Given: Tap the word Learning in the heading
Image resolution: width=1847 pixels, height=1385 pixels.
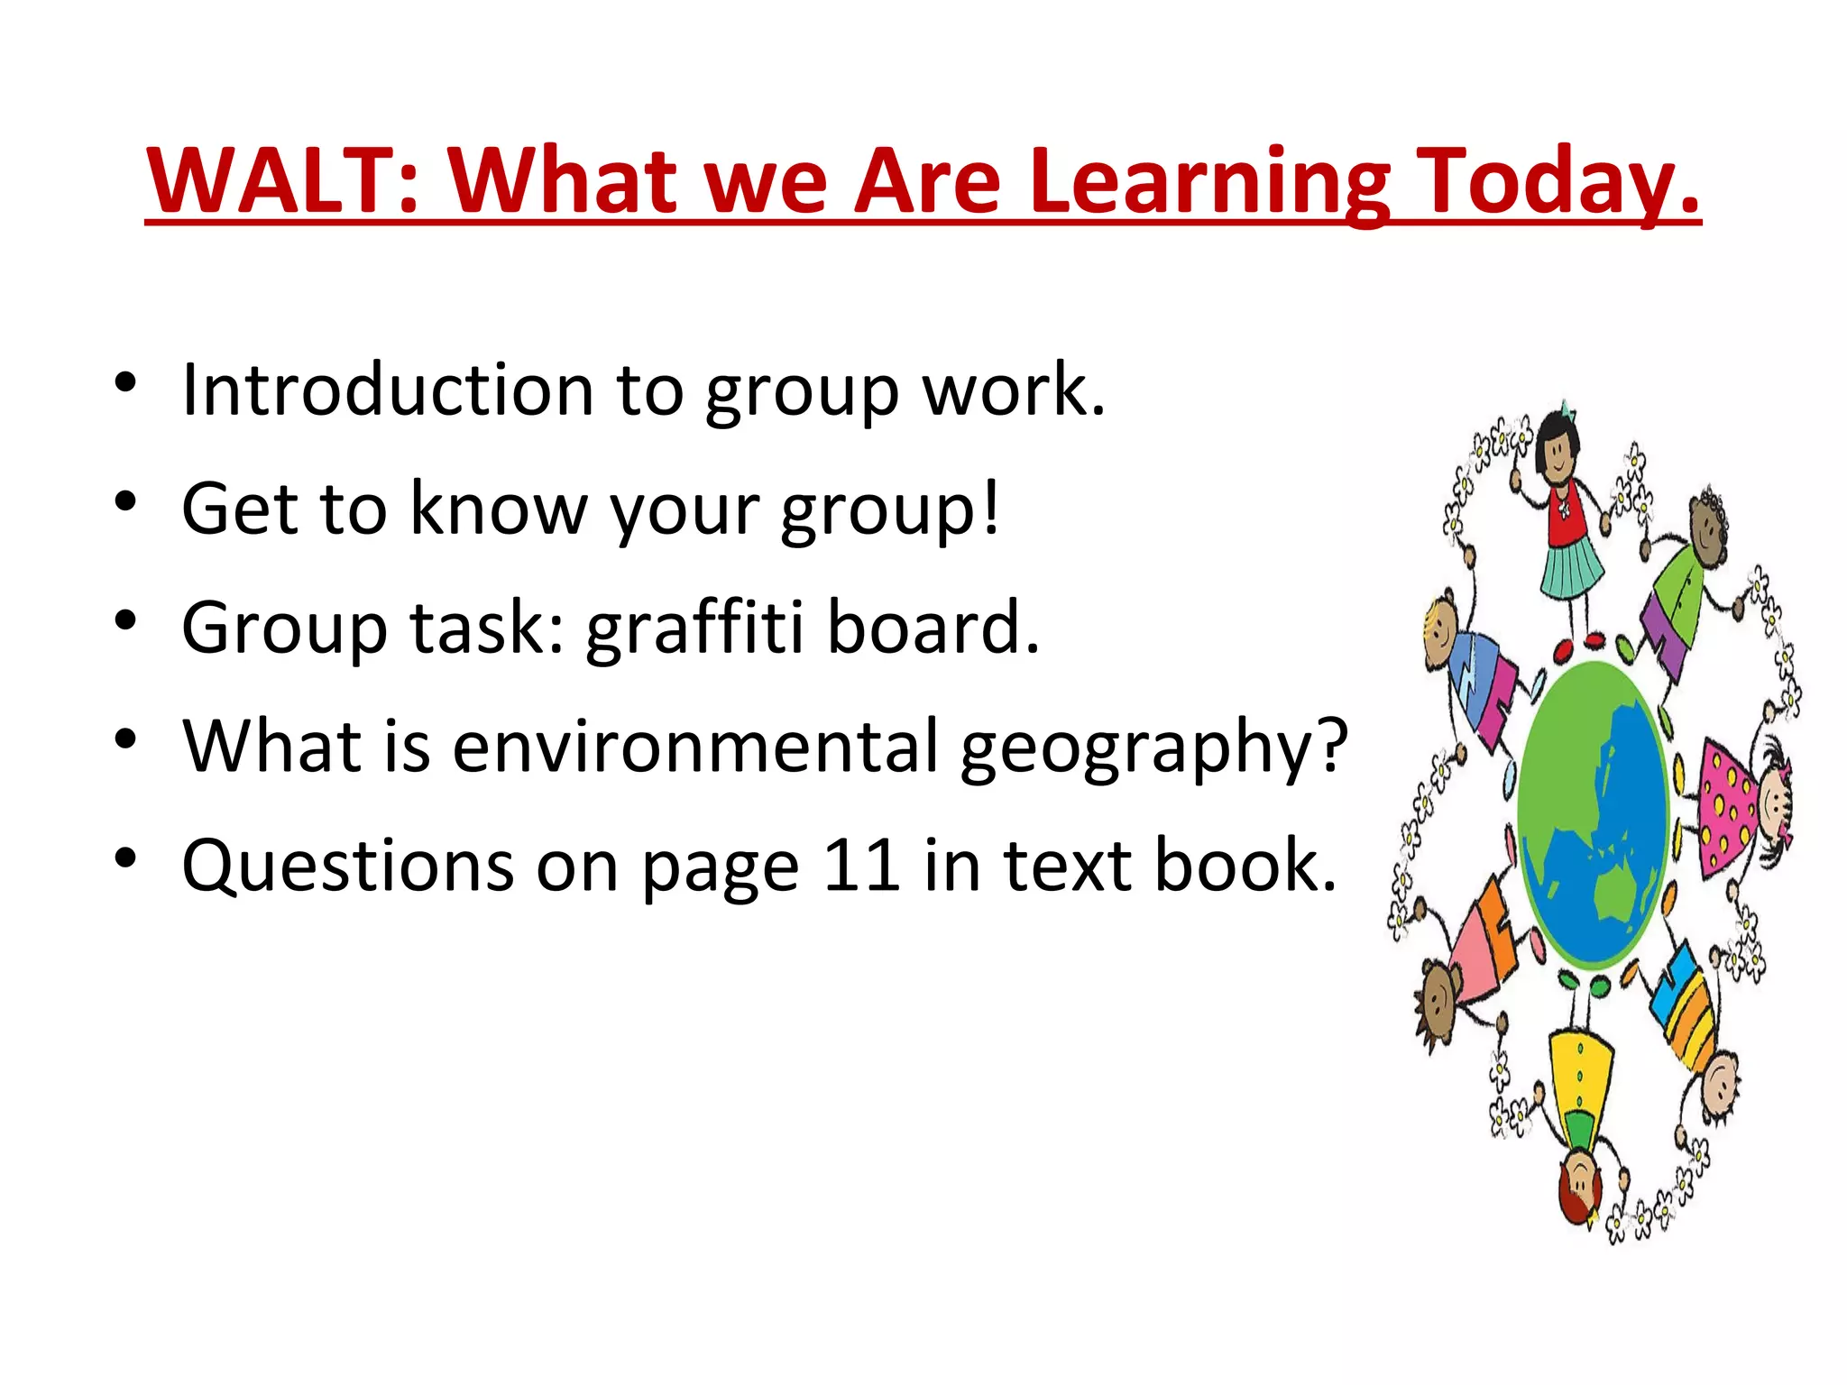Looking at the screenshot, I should [x=1208, y=182].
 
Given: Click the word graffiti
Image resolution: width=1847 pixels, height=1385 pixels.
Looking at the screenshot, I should [x=694, y=628].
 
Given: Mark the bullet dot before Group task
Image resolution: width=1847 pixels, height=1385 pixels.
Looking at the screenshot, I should [x=125, y=620].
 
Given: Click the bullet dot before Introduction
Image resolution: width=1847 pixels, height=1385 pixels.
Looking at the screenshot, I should [x=125, y=382].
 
